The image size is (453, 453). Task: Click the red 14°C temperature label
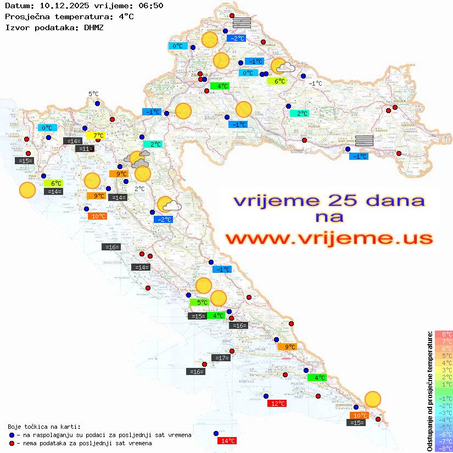click(x=227, y=441)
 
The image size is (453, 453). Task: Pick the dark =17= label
click(x=221, y=358)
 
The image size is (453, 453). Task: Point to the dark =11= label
click(x=85, y=149)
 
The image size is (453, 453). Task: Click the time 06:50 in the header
click(x=149, y=5)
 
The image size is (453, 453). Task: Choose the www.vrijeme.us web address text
click(x=329, y=238)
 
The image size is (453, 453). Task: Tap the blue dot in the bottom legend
click(x=12, y=435)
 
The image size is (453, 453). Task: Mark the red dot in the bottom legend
click(x=12, y=443)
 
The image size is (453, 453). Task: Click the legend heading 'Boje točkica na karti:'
click(x=44, y=427)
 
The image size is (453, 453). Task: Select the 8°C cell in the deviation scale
click(x=444, y=334)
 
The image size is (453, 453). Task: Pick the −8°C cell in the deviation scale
click(x=444, y=449)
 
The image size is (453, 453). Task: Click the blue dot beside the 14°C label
click(x=216, y=433)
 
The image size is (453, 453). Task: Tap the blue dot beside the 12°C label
click(x=266, y=396)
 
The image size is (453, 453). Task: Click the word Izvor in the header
click(x=16, y=27)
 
